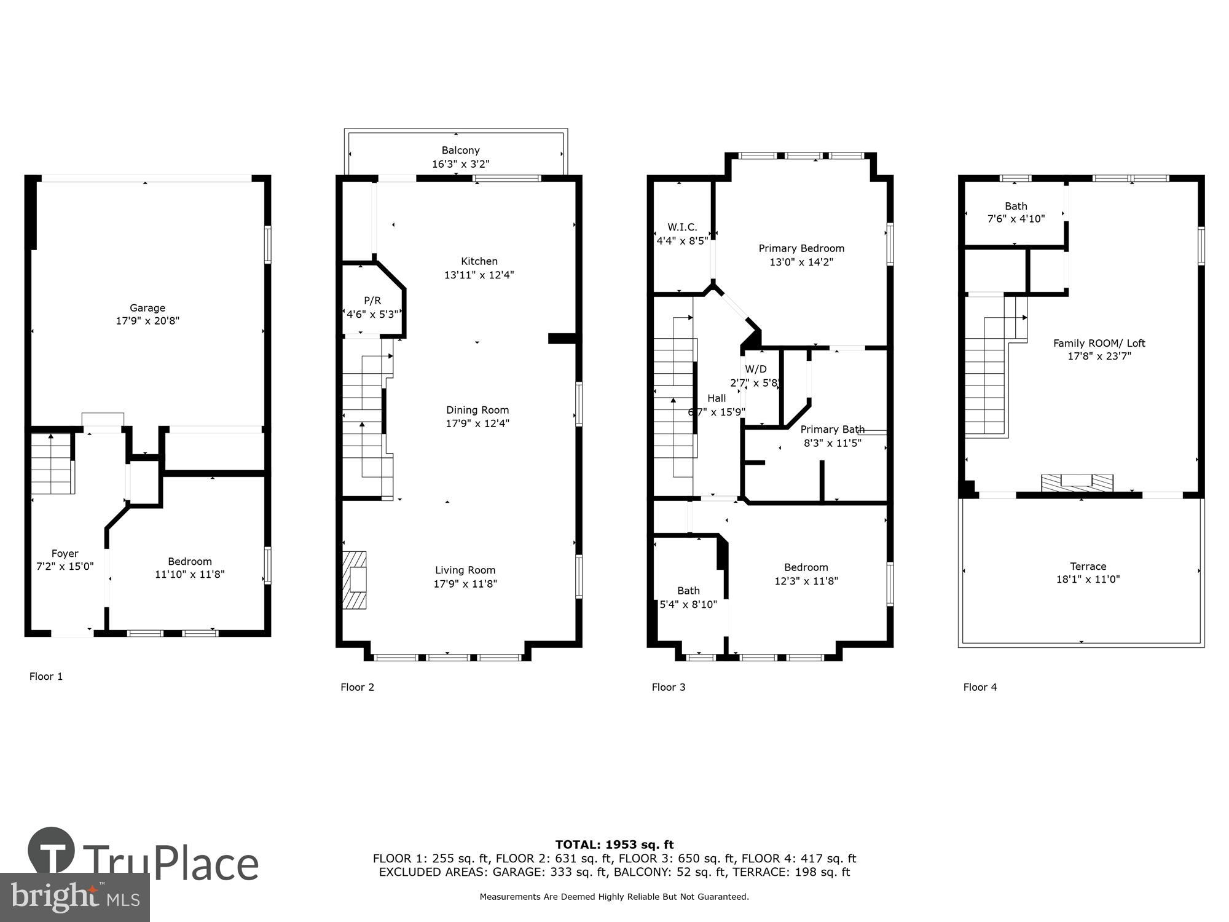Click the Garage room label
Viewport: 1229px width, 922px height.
[x=147, y=308]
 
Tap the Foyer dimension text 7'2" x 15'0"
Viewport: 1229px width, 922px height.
[x=65, y=567]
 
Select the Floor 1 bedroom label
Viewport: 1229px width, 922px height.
[x=190, y=561]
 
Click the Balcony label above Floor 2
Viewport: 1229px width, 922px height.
[x=460, y=151]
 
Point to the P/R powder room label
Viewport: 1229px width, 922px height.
[x=372, y=301]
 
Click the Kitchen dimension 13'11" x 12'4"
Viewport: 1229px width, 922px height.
[x=479, y=275]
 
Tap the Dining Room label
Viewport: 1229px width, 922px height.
[x=477, y=410]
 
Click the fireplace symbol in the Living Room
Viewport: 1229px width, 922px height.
[x=355, y=580]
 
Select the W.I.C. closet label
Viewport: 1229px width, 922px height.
[x=682, y=227]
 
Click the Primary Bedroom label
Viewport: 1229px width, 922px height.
[x=801, y=248]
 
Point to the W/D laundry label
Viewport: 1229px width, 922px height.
[x=756, y=369]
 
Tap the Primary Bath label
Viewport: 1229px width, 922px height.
[x=832, y=429]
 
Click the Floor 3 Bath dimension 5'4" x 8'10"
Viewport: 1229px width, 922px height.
[x=688, y=605]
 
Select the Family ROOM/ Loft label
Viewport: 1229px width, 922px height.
[x=1099, y=343]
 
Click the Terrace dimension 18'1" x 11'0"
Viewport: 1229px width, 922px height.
[x=1088, y=579]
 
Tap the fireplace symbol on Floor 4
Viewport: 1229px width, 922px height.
[x=1077, y=483]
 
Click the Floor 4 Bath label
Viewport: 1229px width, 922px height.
[x=1016, y=206]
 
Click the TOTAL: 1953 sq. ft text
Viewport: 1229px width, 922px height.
[x=614, y=845]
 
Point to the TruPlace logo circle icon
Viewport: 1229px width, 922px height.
[x=52, y=851]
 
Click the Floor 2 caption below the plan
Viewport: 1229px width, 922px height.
[x=357, y=687]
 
